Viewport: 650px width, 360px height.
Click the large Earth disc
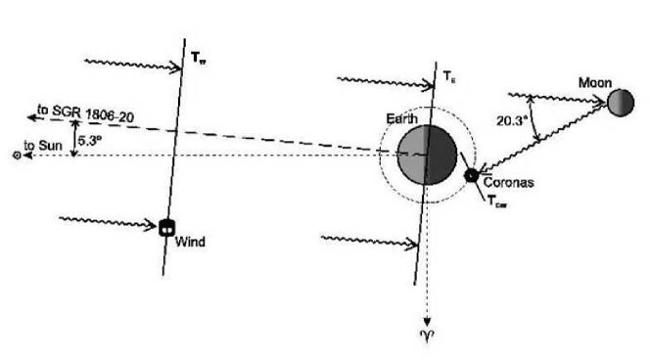coord(427,154)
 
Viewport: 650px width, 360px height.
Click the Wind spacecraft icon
coord(167,227)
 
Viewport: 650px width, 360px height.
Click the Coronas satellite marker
coord(472,175)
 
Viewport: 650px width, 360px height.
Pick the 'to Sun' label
coord(42,144)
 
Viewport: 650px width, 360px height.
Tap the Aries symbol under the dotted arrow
coord(426,336)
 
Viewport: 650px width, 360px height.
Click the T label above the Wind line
coord(201,58)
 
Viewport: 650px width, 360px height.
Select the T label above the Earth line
coord(449,76)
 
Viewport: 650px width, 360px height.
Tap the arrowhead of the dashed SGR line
coord(30,118)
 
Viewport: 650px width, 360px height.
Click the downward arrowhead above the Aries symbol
coord(427,318)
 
